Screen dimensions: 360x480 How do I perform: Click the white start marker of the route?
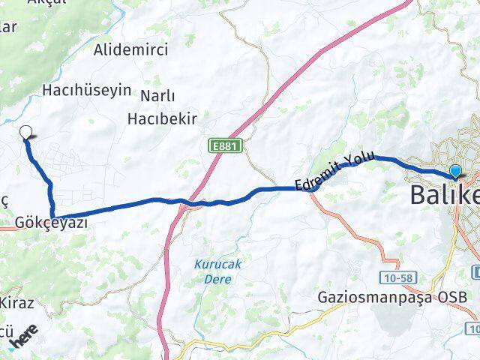point(27,133)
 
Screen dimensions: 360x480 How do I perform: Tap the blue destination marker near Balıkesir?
point(455,172)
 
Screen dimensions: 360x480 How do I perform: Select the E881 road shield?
point(226,147)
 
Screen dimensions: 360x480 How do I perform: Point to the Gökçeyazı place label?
point(46,223)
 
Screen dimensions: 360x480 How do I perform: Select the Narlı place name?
point(157,95)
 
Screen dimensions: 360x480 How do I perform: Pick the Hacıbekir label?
point(162,118)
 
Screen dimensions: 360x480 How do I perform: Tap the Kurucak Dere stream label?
point(214,271)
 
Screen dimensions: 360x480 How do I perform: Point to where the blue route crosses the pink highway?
point(180,201)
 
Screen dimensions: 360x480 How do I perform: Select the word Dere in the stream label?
point(214,279)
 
